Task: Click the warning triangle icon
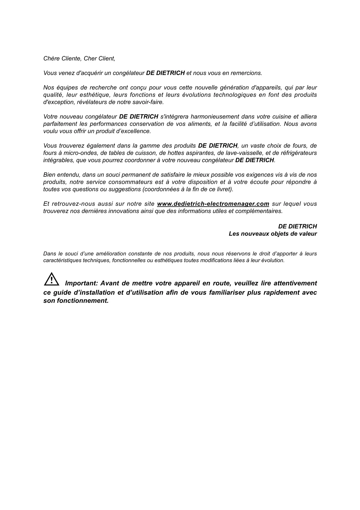tap(52, 279)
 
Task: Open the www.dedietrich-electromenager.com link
tap(213, 204)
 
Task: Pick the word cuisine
tap(280, 117)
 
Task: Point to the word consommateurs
tap(130, 182)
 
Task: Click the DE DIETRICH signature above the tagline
tap(297, 226)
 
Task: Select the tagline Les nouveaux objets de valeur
tap(273, 234)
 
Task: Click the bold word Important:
tap(81, 283)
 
